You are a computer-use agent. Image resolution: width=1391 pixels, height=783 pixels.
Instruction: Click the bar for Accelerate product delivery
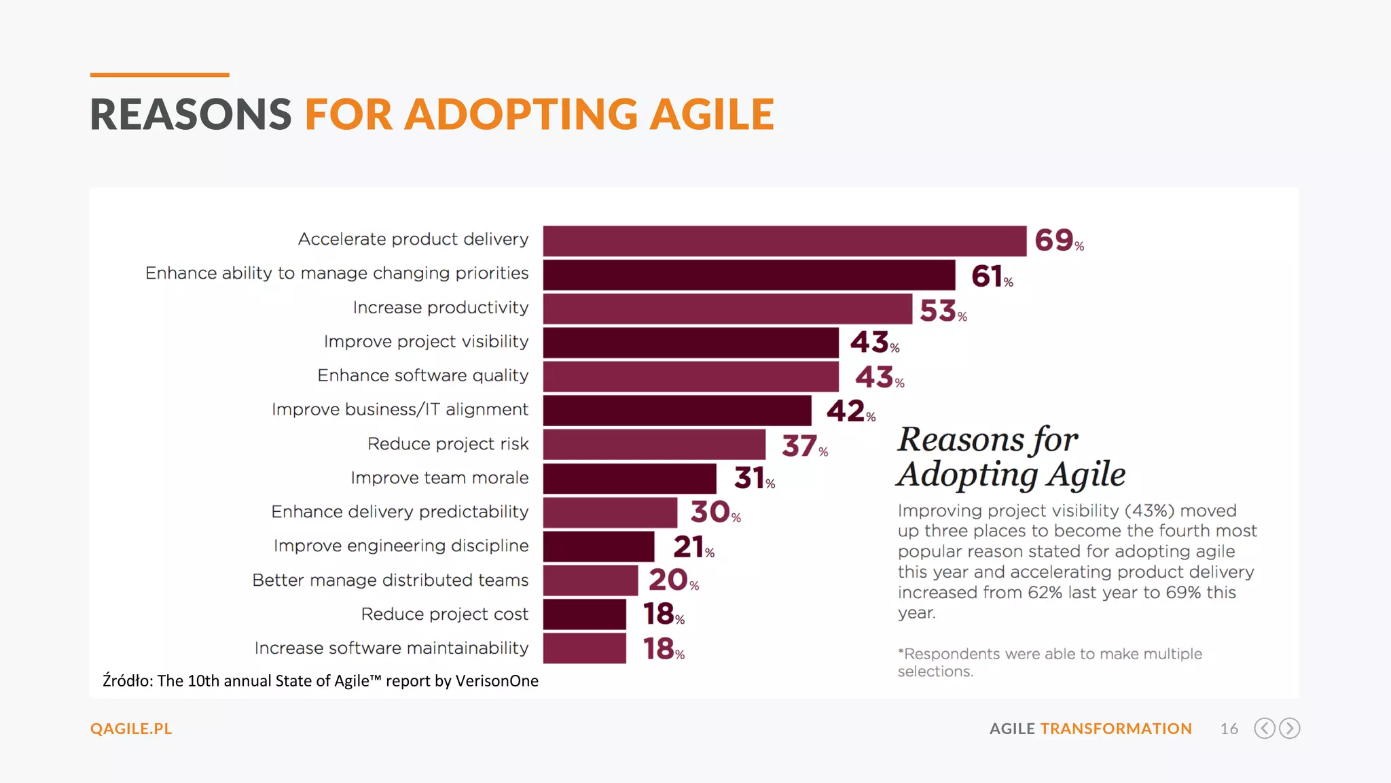[x=784, y=241]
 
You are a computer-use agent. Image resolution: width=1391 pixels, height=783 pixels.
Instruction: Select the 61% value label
[x=991, y=276]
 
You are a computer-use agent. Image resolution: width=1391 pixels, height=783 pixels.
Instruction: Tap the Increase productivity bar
[x=727, y=309]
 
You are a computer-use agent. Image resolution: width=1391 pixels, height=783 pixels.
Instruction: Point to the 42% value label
[x=850, y=411]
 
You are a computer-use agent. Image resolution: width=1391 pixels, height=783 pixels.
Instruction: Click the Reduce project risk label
[x=448, y=444]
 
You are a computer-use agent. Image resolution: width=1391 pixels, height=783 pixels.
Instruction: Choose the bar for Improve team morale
[x=629, y=478]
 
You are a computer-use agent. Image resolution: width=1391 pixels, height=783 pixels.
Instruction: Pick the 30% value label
[x=715, y=512]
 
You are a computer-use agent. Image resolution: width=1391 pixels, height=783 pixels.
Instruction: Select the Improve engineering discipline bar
[x=598, y=546]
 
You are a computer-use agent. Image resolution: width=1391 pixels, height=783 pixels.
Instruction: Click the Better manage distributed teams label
[x=390, y=580]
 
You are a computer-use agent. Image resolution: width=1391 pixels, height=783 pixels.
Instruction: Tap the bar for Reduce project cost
[x=584, y=614]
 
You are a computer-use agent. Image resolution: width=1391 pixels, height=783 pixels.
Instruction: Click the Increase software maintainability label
[x=391, y=648]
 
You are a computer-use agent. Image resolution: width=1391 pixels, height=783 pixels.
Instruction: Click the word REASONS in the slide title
[x=191, y=114]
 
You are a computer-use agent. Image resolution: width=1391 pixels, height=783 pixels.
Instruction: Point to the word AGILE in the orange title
[x=711, y=114]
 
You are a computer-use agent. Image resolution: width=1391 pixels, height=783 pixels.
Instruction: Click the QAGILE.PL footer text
[x=131, y=729]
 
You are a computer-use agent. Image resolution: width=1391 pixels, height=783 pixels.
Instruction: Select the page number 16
[x=1229, y=729]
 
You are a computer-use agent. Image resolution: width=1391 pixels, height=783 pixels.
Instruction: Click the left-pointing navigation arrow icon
[x=1264, y=728]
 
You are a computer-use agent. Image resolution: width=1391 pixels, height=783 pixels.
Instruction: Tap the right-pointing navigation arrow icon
[x=1289, y=728]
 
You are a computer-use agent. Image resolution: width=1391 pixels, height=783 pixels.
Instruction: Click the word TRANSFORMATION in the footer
[x=1115, y=729]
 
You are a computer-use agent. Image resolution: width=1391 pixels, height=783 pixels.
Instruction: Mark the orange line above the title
[x=160, y=75]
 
